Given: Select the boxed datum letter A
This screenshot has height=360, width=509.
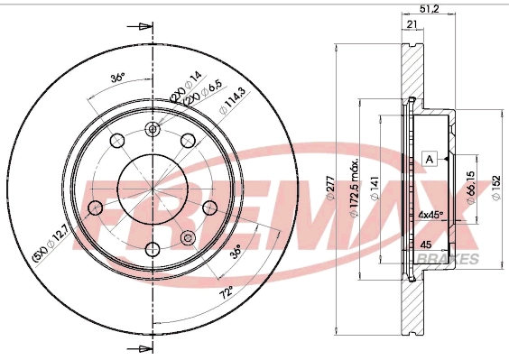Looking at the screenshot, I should (x=430, y=159).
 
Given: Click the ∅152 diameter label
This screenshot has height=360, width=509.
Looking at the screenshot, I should (x=495, y=183).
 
